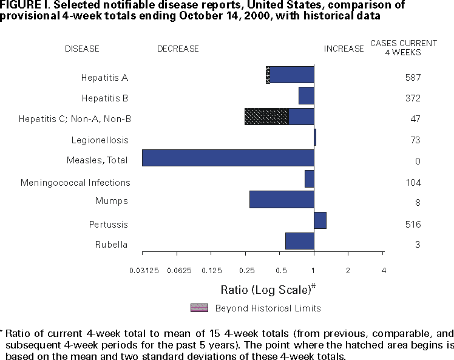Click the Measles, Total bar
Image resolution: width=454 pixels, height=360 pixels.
[x=228, y=158]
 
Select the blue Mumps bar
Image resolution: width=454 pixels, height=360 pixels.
[x=282, y=199]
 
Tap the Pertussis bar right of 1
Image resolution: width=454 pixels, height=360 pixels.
[x=320, y=220]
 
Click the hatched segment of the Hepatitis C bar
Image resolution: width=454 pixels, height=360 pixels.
[x=266, y=117]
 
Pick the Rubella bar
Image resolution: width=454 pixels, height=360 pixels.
[x=299, y=241]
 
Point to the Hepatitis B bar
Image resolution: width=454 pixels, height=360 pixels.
[x=306, y=96]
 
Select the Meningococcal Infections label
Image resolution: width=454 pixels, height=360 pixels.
[x=75, y=182]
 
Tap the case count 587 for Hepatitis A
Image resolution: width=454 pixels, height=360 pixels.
[x=413, y=78]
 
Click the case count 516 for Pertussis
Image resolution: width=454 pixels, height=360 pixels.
[x=413, y=224]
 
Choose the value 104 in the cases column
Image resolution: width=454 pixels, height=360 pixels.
[x=413, y=182]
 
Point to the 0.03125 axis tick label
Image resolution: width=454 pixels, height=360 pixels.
[x=143, y=270]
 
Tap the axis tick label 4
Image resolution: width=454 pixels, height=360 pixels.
[x=383, y=270]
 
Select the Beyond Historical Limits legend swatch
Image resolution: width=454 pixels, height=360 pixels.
[x=199, y=308]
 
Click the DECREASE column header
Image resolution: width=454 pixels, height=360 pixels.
[x=178, y=49]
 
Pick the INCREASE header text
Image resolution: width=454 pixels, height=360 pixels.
[x=344, y=49]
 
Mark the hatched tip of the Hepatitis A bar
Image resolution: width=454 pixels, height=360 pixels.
[x=268, y=75]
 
